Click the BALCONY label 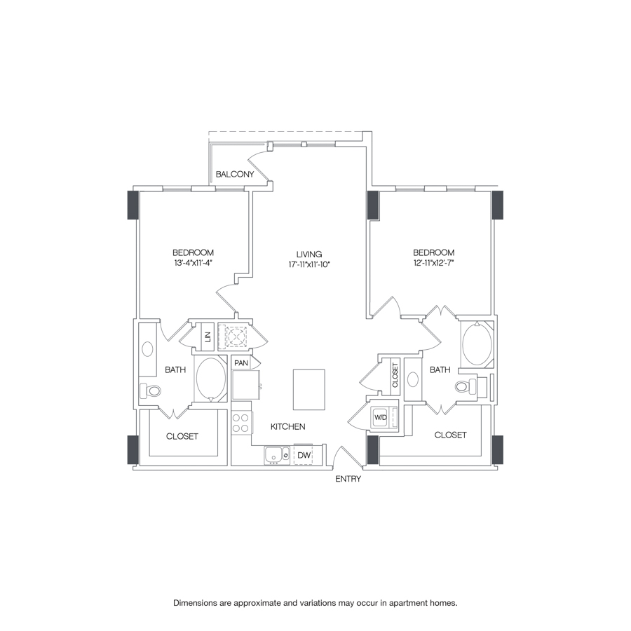pyautogui.click(x=234, y=174)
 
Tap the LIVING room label pyautogui.click(x=308, y=254)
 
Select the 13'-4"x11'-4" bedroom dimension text pyautogui.click(x=193, y=264)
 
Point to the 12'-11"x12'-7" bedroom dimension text pyautogui.click(x=433, y=264)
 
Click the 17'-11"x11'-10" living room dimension pyautogui.click(x=308, y=264)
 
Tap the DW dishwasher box pyautogui.click(x=304, y=456)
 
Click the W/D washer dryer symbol pyautogui.click(x=381, y=416)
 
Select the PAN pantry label pyautogui.click(x=240, y=363)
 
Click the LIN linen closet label pyautogui.click(x=208, y=336)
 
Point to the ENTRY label pyautogui.click(x=348, y=479)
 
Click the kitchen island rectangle pyautogui.click(x=309, y=389)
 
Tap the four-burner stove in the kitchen pyautogui.click(x=241, y=423)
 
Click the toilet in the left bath pyautogui.click(x=151, y=391)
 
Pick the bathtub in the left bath pyautogui.click(x=210, y=379)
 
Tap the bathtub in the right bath pyautogui.click(x=477, y=344)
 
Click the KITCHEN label pyautogui.click(x=288, y=426)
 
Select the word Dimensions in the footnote pyautogui.click(x=197, y=603)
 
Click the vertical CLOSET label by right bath pyautogui.click(x=395, y=374)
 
